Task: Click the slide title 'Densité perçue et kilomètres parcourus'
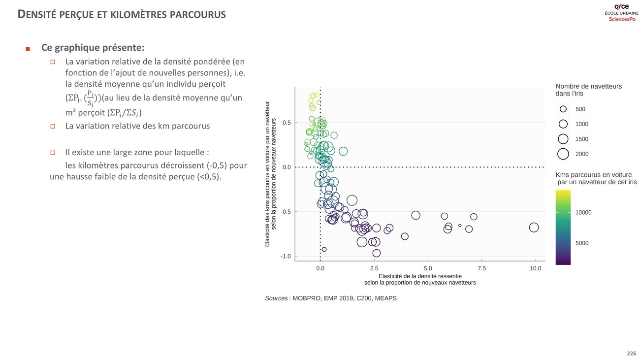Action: tap(122, 14)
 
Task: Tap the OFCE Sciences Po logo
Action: tap(622, 12)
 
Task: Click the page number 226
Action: tap(631, 354)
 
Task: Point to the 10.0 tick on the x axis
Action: tap(535, 268)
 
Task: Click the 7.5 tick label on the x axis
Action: tap(481, 268)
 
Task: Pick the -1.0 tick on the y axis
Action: tap(286, 257)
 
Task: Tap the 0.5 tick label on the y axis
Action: tap(287, 123)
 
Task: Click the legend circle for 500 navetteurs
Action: tap(563, 109)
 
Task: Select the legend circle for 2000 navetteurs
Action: tap(563, 154)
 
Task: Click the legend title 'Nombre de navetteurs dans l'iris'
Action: tap(588, 90)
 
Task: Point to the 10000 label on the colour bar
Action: tap(583, 213)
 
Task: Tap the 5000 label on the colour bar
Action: tap(582, 243)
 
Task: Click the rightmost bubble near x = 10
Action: tap(534, 227)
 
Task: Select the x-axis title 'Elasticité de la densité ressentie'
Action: tap(420, 276)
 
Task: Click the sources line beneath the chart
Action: tap(330, 298)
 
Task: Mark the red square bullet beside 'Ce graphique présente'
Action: tap(28, 49)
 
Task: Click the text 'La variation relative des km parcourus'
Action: tap(137, 126)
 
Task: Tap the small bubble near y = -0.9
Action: tap(324, 249)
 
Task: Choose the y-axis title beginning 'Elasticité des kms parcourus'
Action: tap(270, 174)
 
